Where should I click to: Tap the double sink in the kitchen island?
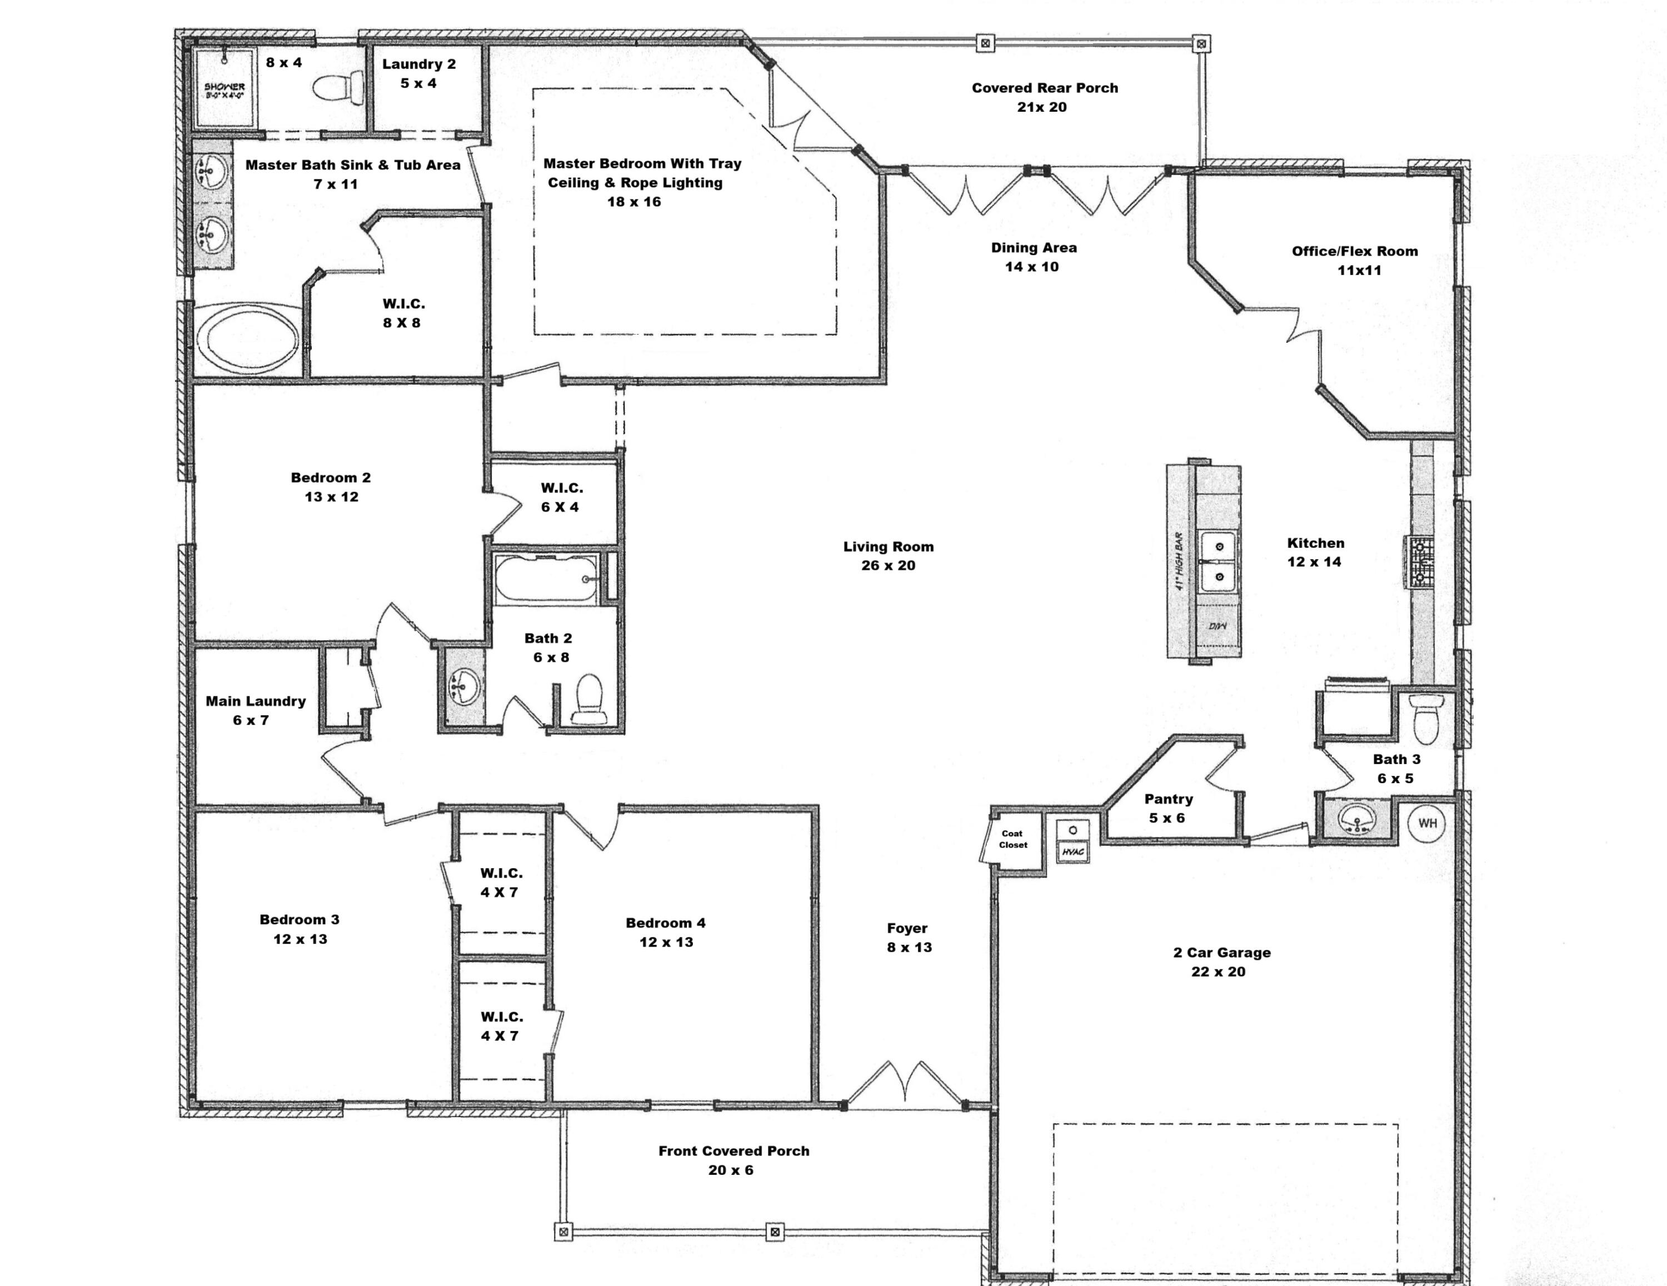(1219, 562)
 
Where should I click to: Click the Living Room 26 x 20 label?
(889, 556)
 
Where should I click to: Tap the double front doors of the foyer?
(905, 1084)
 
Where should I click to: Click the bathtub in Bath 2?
(546, 579)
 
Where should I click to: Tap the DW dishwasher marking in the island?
(1217, 626)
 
